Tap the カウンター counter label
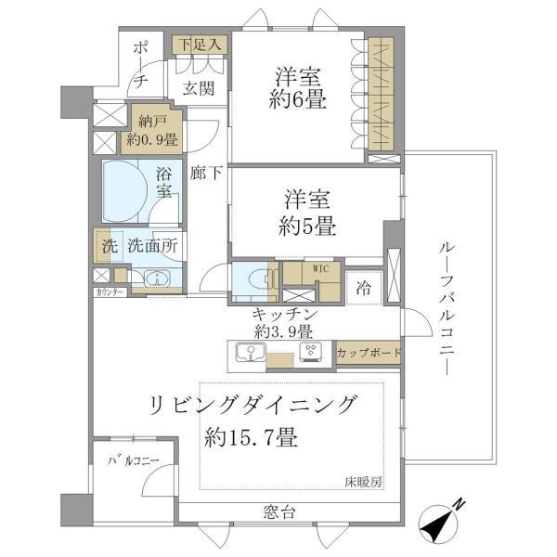click(110, 291)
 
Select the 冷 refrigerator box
click(364, 288)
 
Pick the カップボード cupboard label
click(369, 353)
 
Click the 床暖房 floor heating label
click(363, 482)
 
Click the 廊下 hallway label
click(204, 172)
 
